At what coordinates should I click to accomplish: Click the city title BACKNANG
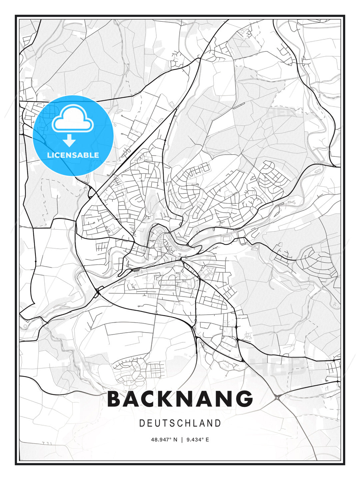click(180, 399)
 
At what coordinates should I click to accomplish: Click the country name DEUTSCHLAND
click(180, 423)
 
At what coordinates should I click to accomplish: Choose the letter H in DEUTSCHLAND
click(188, 423)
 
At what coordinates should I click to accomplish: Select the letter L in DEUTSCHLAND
click(196, 423)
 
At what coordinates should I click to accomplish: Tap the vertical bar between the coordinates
click(182, 440)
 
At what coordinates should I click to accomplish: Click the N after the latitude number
click(175, 440)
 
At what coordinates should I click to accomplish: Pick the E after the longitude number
click(207, 440)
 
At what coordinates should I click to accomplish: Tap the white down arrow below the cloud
click(69, 140)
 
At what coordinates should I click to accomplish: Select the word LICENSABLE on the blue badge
click(73, 155)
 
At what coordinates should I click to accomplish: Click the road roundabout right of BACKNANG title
click(277, 396)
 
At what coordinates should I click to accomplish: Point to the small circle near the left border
click(25, 326)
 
